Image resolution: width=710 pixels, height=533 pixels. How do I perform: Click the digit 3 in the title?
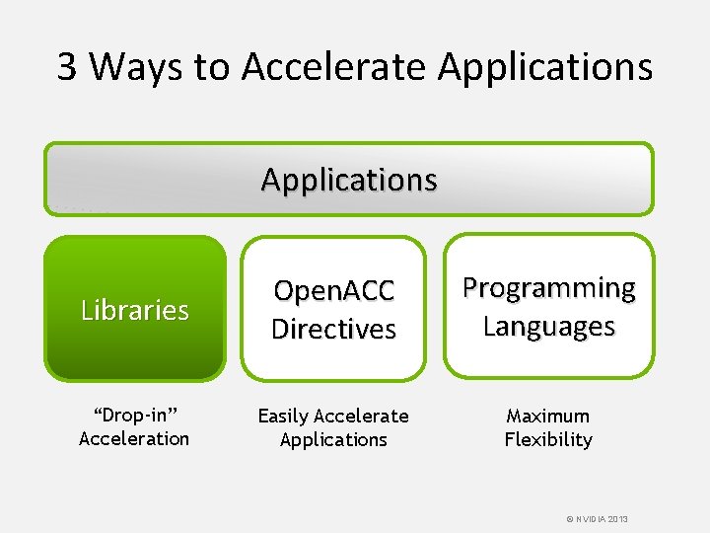tap(67, 67)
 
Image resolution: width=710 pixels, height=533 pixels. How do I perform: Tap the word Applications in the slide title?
tap(545, 67)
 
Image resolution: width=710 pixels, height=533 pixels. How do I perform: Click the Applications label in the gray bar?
tap(349, 180)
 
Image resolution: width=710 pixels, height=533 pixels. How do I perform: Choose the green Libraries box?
tap(135, 309)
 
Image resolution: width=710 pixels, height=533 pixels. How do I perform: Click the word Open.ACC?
tap(333, 290)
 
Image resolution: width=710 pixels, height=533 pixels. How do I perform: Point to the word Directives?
tap(333, 329)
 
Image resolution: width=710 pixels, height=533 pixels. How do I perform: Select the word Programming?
tap(549, 288)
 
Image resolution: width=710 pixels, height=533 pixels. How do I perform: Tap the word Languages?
tap(549, 326)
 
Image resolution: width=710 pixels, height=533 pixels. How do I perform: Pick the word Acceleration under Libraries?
tap(134, 439)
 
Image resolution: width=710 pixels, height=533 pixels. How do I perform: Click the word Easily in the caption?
tap(283, 417)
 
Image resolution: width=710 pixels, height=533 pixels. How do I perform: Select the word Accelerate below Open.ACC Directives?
tap(361, 417)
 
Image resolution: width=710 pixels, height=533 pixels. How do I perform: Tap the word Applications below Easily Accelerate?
tap(333, 439)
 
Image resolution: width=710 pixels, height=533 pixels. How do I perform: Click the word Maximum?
tap(548, 417)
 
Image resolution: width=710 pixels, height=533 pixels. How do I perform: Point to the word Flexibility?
tap(548, 439)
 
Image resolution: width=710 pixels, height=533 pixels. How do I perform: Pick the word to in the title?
tap(210, 67)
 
